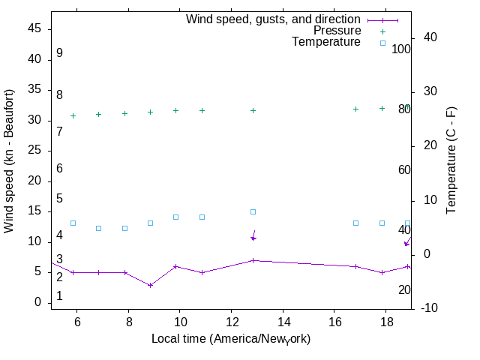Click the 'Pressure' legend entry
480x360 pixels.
point(337,31)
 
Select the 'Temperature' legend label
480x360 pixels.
point(326,43)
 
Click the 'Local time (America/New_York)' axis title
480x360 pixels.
point(231,339)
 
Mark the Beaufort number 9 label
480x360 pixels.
point(59,53)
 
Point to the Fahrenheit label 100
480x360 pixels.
point(401,49)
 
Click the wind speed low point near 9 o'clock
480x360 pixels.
point(151,285)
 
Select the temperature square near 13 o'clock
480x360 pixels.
point(253,212)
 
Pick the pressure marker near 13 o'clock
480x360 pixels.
point(253,110)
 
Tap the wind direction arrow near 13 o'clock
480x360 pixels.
point(253,235)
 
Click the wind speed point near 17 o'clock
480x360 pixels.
point(356,266)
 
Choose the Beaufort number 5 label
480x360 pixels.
point(59,199)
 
